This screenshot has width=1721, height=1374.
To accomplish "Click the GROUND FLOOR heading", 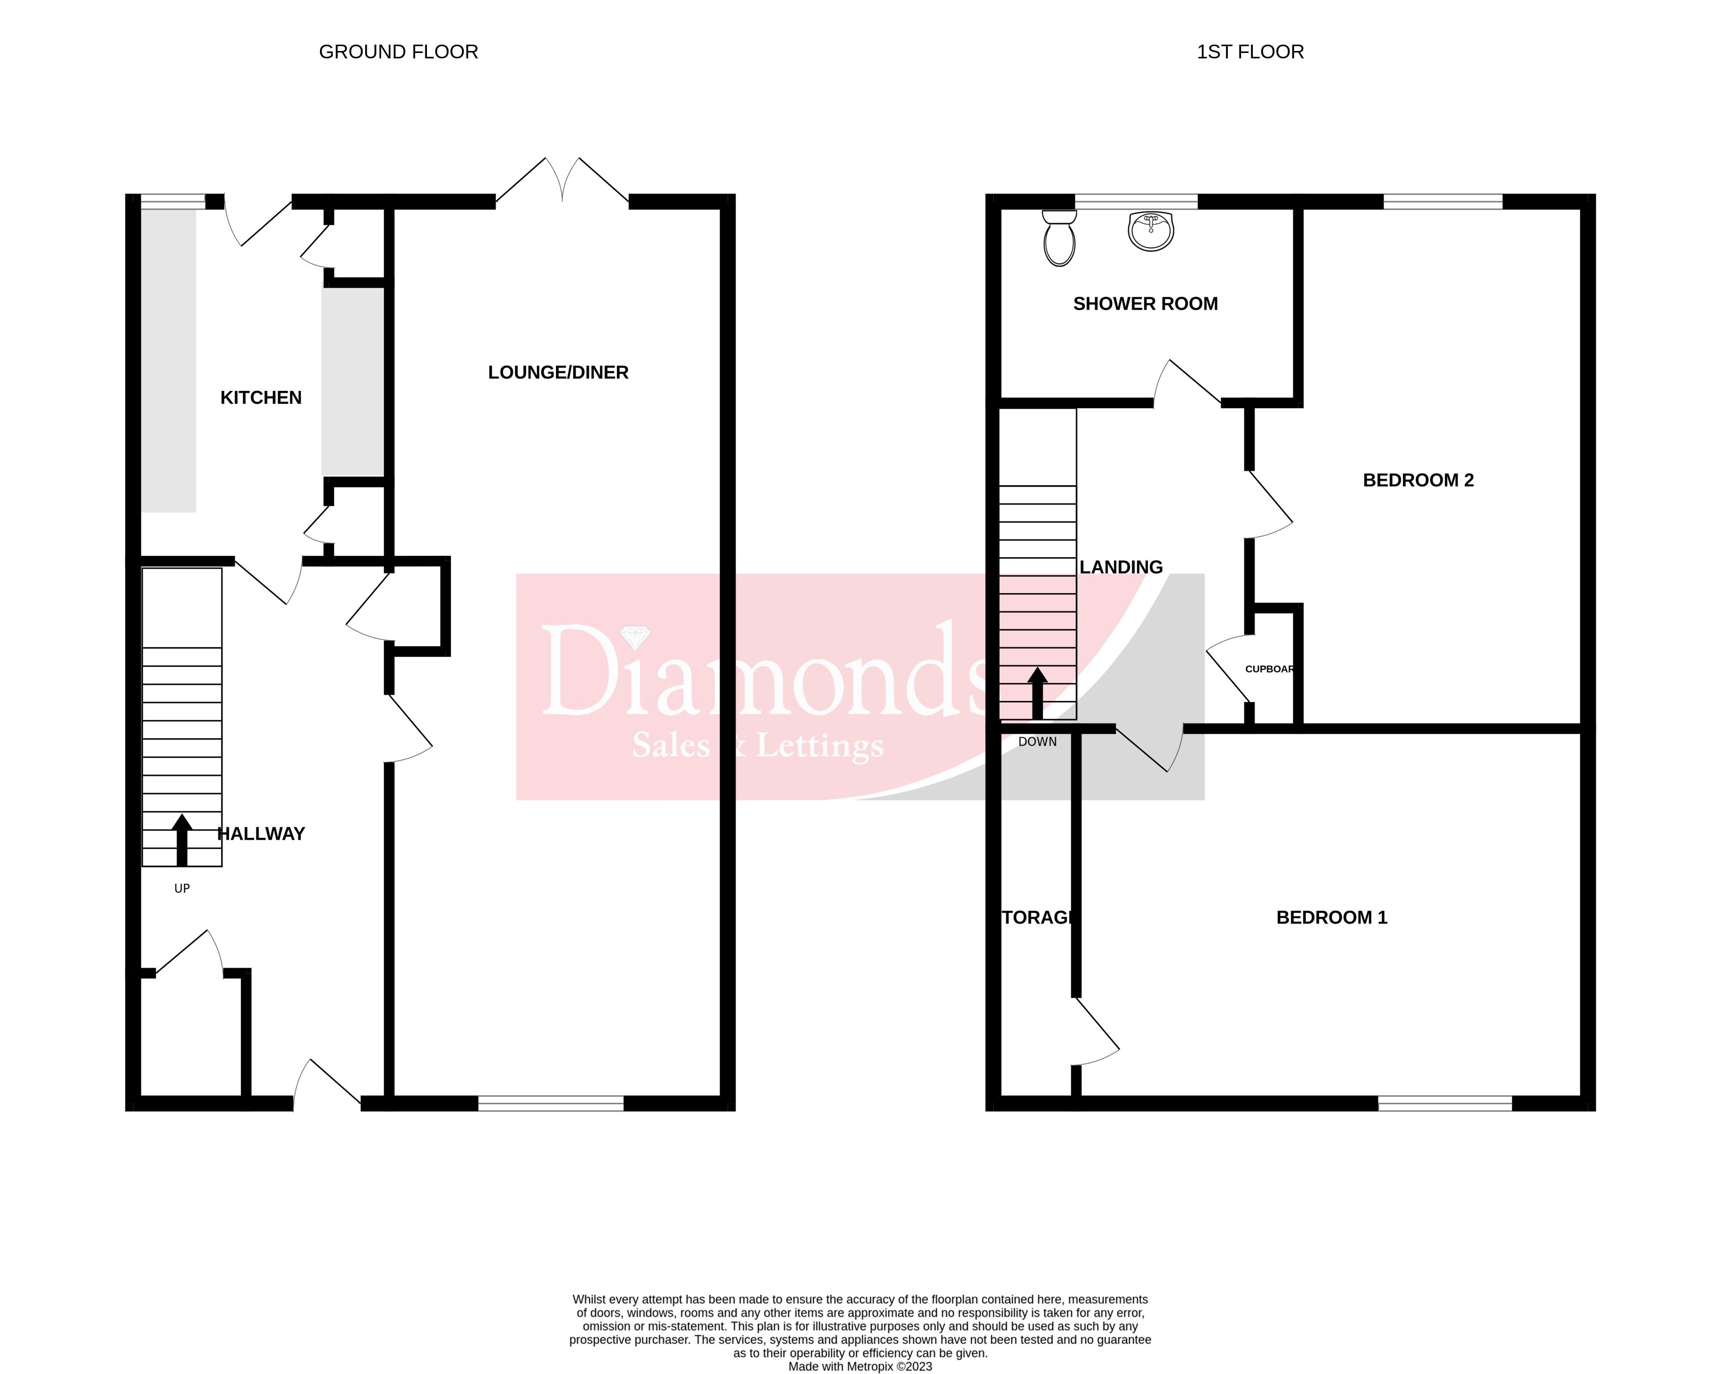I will point(398,52).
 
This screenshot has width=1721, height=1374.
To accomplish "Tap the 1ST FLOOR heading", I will point(1250,52).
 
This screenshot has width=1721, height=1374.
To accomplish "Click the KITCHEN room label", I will point(261,397).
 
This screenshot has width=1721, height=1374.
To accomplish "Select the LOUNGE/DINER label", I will point(558,373).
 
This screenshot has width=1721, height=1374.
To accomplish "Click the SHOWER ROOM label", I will point(1145,304).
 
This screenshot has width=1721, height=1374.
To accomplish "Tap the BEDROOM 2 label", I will point(1418,480).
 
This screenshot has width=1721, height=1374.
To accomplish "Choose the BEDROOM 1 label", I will point(1331,918).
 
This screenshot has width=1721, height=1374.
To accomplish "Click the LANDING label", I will point(1121,568).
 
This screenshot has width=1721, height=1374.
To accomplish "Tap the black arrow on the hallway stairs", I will point(182,839).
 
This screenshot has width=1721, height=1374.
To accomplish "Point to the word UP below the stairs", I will point(182,888).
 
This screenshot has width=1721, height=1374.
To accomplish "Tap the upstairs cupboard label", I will point(1269,669).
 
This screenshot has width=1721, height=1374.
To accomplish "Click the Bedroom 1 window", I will point(1445,1104).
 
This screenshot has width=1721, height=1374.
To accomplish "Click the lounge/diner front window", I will point(551,1104).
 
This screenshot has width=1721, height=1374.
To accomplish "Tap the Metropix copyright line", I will point(860,1366).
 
